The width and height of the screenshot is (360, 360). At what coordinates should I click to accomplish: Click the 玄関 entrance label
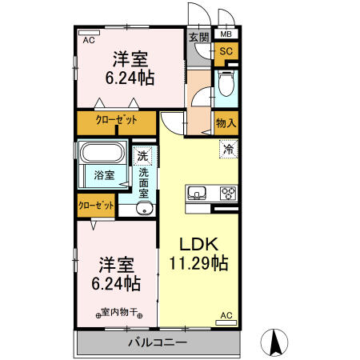coord(199,37)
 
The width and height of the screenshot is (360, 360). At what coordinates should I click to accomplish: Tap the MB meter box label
coord(226,34)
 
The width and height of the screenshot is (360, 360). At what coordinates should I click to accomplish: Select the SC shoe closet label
coord(226,51)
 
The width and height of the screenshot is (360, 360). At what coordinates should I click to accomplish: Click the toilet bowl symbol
coord(226,83)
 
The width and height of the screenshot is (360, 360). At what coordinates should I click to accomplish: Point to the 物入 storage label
coord(226,123)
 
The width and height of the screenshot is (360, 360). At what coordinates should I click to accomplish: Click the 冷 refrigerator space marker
coord(228,149)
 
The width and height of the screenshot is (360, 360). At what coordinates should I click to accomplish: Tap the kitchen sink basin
coord(197,193)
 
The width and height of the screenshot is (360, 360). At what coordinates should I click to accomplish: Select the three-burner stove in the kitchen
coord(229,193)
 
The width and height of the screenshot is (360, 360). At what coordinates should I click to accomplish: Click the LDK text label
coord(198,244)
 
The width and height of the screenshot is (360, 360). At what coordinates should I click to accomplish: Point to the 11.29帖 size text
coord(198,263)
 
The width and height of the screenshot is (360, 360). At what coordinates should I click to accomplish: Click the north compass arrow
coord(274,342)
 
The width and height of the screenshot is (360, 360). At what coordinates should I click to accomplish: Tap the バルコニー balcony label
coord(158,342)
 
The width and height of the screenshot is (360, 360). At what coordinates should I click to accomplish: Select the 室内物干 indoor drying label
coord(119,312)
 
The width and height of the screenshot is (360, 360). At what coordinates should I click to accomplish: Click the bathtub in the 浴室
coord(102,152)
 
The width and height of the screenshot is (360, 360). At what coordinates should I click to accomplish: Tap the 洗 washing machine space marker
coord(142,156)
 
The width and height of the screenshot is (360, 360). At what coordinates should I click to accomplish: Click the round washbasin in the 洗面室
coord(144,208)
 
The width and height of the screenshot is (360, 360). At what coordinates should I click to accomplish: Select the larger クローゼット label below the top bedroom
coord(116,120)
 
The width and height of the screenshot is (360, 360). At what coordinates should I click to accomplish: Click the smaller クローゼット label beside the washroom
coord(96,206)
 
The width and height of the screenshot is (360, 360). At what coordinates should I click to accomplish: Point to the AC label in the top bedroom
coord(89,40)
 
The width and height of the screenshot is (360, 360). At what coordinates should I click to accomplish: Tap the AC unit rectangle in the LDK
coord(226,322)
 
